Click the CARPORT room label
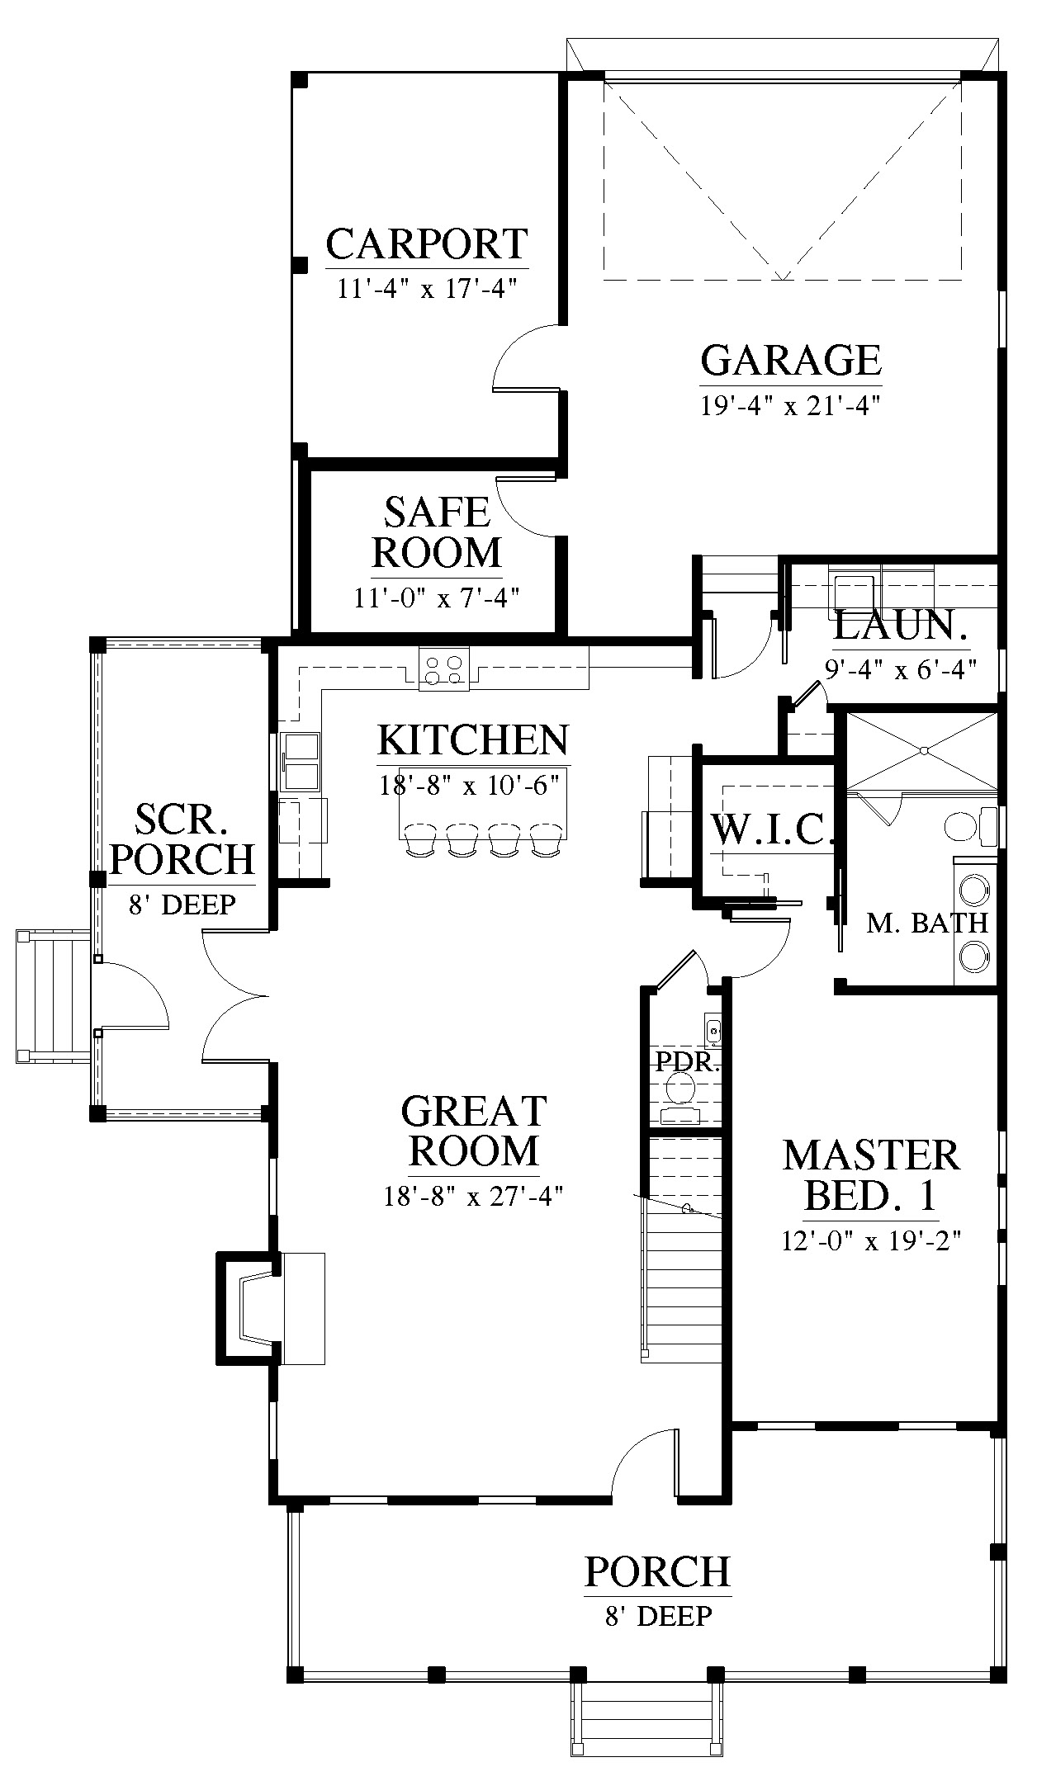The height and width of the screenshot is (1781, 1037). click(427, 244)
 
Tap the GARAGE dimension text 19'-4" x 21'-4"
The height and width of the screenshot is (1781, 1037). click(791, 406)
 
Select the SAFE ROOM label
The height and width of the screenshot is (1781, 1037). click(437, 532)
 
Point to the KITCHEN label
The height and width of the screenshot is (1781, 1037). click(474, 740)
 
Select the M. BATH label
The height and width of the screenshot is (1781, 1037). click(927, 923)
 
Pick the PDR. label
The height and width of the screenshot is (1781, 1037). click(688, 1061)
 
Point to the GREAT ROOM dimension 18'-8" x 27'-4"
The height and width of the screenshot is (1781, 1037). click(473, 1196)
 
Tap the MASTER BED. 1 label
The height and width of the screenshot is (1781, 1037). click(872, 1175)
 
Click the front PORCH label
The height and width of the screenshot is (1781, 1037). click(658, 1571)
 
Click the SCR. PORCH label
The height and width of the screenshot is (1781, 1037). click(182, 840)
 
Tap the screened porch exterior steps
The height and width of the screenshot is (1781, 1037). click(54, 994)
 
